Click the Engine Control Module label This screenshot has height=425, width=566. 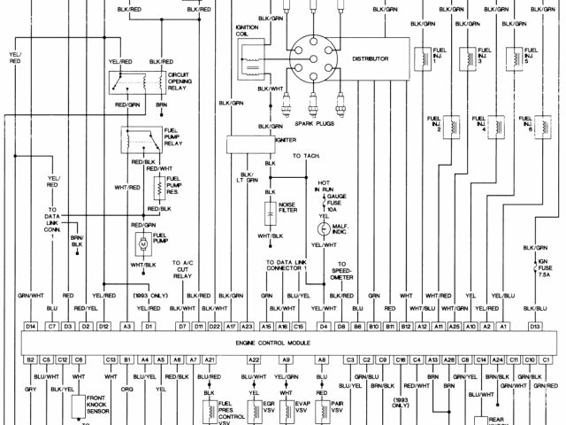(279, 342)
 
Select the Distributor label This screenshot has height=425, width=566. (370, 58)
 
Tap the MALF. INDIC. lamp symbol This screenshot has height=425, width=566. (324, 228)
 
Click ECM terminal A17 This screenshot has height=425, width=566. (231, 327)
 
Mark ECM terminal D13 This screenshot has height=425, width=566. (535, 327)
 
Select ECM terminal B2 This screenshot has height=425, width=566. (30, 359)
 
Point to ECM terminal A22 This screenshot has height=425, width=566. (254, 359)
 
